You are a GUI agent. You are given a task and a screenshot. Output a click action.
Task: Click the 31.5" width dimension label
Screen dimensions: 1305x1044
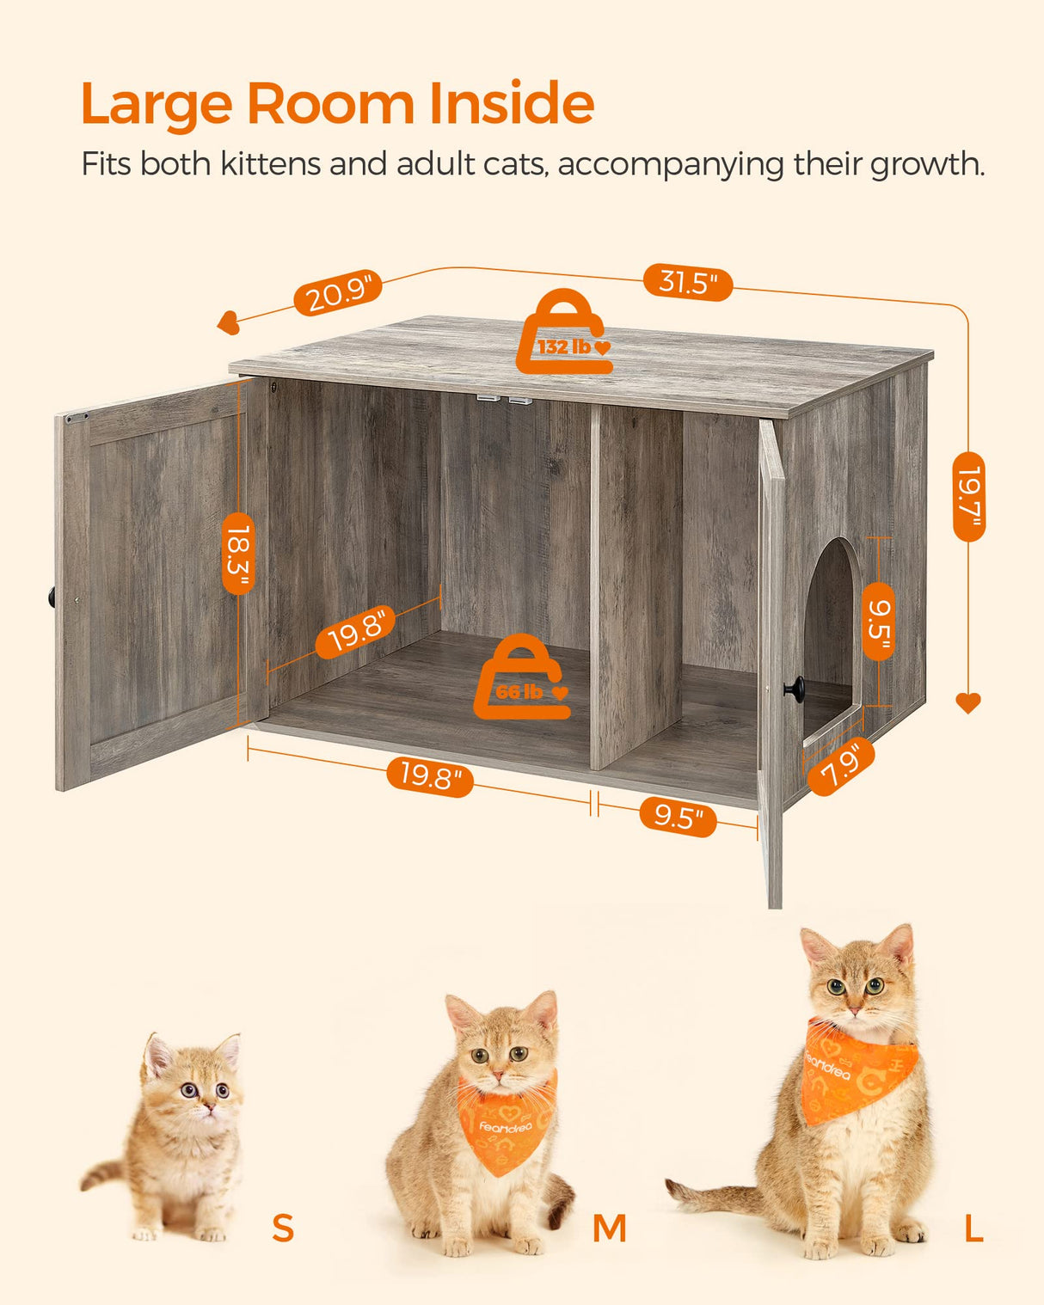(688, 281)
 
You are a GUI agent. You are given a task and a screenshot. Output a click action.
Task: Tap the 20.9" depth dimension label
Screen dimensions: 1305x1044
(338, 293)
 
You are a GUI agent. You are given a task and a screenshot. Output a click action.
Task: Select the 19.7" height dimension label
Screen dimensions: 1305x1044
(969, 496)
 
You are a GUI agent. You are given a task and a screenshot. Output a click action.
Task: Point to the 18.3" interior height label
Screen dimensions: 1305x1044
(238, 553)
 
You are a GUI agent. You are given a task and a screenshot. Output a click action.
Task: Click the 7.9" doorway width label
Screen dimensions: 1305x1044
(841, 766)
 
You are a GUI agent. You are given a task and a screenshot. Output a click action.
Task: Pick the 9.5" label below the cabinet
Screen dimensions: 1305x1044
(678, 816)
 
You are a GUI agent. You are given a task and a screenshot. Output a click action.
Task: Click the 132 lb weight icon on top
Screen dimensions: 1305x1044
(564, 335)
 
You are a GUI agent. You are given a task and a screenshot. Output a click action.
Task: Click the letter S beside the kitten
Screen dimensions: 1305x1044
(283, 1228)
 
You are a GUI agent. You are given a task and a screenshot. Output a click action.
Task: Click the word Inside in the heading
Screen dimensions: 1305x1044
(511, 104)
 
